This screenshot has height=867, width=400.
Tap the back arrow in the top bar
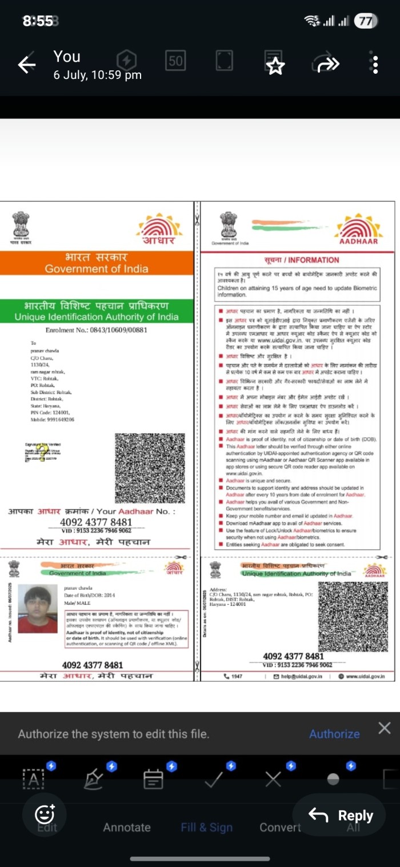(x=26, y=65)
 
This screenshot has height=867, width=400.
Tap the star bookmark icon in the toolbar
(x=275, y=65)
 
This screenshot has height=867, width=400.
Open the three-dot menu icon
(x=375, y=64)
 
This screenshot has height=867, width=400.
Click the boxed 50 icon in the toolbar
(x=175, y=61)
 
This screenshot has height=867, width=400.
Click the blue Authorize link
(x=334, y=734)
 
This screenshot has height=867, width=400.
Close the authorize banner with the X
(x=385, y=728)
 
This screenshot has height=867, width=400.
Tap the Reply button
(x=341, y=815)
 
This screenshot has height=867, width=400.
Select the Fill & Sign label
(x=206, y=827)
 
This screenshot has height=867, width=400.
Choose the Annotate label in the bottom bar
(x=127, y=827)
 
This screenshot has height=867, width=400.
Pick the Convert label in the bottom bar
(x=280, y=827)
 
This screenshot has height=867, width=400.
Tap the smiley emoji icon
(x=45, y=813)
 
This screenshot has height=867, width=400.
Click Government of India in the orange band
(x=97, y=269)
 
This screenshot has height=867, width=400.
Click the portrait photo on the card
(x=38, y=609)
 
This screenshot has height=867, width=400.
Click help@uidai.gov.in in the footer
(x=298, y=676)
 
